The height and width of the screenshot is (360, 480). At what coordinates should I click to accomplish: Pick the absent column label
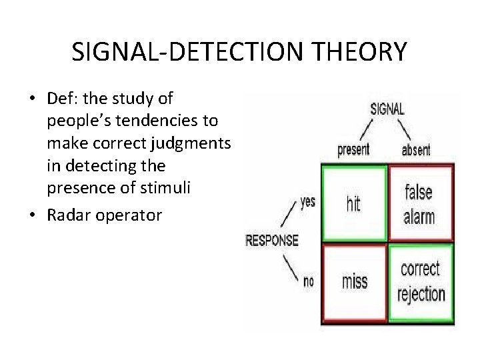[417, 150]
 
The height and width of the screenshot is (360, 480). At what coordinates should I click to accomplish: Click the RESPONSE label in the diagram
[272, 240]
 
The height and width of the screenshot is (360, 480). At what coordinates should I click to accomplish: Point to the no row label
[309, 281]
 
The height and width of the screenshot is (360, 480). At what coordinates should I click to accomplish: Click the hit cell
[353, 203]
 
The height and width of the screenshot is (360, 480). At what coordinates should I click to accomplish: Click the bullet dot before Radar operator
[31, 215]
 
